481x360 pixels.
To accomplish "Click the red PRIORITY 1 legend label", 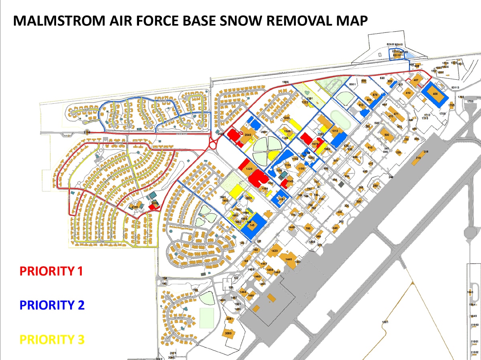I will tap(51, 271).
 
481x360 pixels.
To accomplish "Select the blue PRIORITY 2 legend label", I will tap(52, 305).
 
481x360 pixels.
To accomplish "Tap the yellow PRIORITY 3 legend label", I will tap(52, 340).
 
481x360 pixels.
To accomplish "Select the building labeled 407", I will tap(417, 80).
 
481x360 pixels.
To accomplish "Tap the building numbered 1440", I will tap(289, 259).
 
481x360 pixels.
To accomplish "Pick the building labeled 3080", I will tap(228, 334).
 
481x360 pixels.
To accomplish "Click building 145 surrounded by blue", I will tap(252, 225).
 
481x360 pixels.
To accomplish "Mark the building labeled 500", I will tap(386, 135).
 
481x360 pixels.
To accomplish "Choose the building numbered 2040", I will tap(248, 136).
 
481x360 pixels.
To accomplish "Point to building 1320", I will tap(249, 169).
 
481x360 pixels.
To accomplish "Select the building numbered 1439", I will tap(274, 251).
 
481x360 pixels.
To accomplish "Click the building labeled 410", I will tap(408, 93).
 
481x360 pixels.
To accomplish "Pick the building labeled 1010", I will tap(335, 131).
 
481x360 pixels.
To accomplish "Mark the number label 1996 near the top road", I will tap(285, 82).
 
